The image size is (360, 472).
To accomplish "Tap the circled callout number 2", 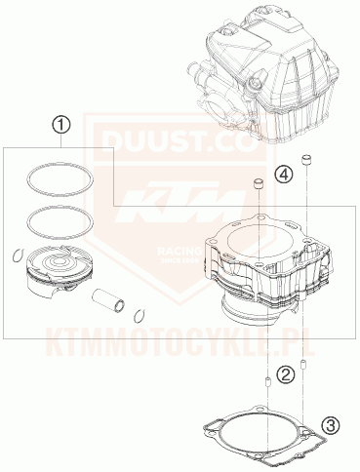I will (284, 374).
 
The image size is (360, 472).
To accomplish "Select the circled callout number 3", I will (331, 424).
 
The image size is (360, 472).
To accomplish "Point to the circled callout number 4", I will (282, 175).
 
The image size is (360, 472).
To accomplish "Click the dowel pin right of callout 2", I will (302, 366).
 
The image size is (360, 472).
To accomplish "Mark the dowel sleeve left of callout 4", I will (260, 184).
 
